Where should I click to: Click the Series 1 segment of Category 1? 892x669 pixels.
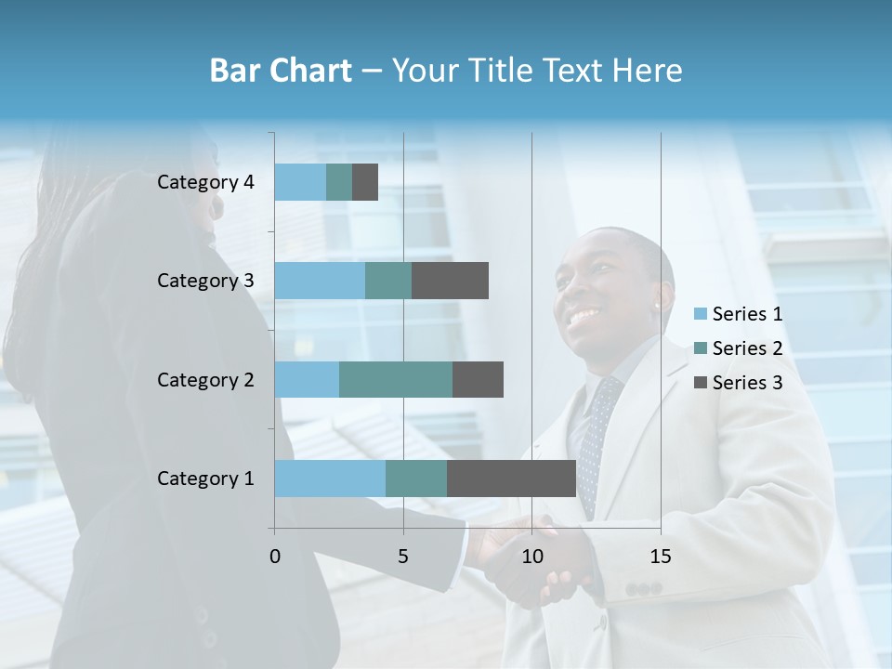[x=330, y=479]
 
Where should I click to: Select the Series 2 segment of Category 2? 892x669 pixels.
[x=396, y=379]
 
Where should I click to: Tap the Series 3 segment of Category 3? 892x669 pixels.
[x=450, y=281]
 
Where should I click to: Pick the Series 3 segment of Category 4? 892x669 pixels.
[x=365, y=182]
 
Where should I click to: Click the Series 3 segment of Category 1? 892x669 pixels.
[x=511, y=479]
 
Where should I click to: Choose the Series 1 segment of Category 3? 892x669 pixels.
[x=320, y=281]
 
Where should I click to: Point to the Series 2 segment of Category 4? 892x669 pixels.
[x=339, y=182]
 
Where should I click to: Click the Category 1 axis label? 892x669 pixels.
[x=205, y=479]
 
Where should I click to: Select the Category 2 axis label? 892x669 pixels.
[x=205, y=379]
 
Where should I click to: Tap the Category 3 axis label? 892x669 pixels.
[x=205, y=281]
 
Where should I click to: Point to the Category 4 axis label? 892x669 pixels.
[x=205, y=182]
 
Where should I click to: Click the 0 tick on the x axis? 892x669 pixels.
[x=275, y=557]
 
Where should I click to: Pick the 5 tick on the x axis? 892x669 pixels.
[x=403, y=557]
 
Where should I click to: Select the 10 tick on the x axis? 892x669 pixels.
[x=531, y=557]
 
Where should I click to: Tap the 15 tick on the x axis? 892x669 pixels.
[x=661, y=557]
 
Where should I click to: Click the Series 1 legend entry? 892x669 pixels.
[x=739, y=314]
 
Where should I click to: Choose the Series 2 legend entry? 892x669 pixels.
[x=739, y=348]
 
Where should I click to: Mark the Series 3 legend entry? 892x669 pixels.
[x=739, y=382]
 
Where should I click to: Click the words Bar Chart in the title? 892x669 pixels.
[x=281, y=71]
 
